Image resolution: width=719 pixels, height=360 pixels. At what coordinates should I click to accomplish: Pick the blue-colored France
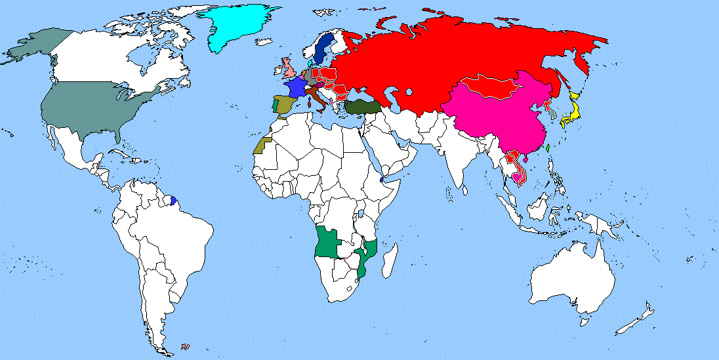(x=293, y=88)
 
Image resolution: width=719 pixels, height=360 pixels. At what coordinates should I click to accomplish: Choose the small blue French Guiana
(x=174, y=199)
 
